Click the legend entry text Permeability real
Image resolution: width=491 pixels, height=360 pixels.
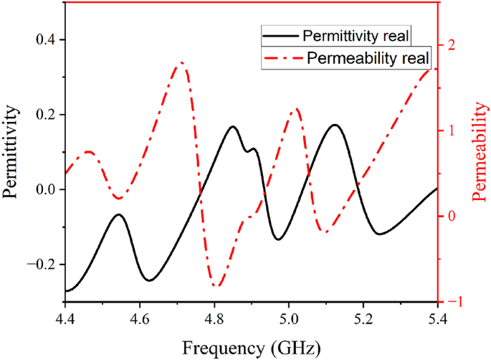pyautogui.click(x=368, y=57)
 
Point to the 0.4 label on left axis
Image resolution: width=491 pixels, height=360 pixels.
pyautogui.click(x=46, y=39)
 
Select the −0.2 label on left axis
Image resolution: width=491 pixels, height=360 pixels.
pyautogui.click(x=42, y=265)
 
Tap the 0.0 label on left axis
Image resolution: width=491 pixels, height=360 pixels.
pyautogui.click(x=46, y=189)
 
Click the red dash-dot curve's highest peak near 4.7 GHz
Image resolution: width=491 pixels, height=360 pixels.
pyautogui.click(x=181, y=63)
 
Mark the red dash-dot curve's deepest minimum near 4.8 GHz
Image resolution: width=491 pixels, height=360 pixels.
pyautogui.click(x=215, y=286)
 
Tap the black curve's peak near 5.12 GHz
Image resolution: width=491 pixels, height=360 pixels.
pyautogui.click(x=335, y=125)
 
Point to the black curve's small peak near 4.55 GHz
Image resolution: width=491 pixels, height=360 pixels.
pyautogui.click(x=119, y=214)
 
